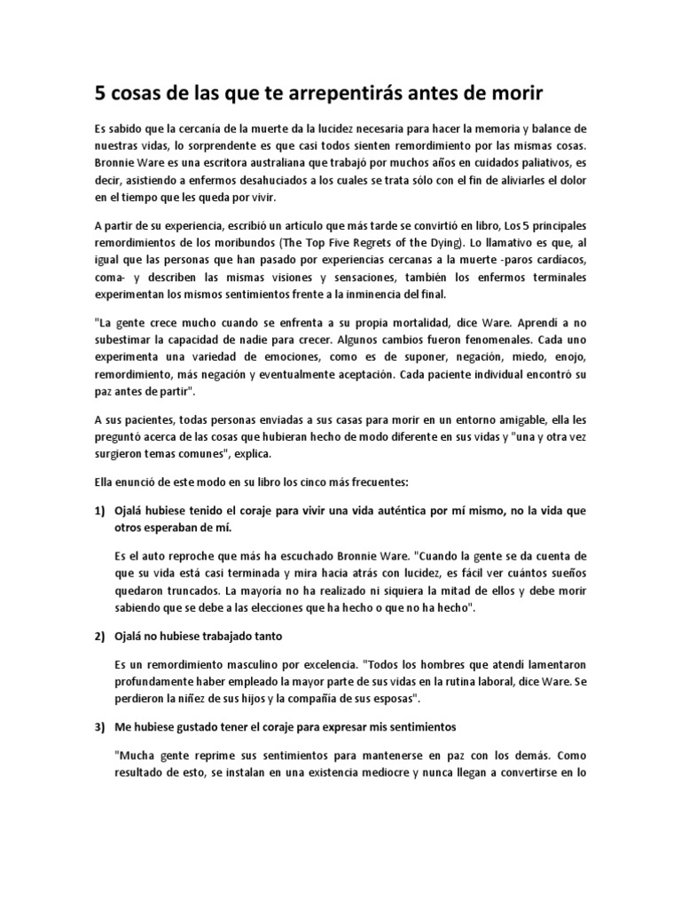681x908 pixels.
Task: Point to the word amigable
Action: [x=509, y=419]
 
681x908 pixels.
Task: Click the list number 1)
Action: [x=101, y=512]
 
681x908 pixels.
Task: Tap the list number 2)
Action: [x=101, y=637]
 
